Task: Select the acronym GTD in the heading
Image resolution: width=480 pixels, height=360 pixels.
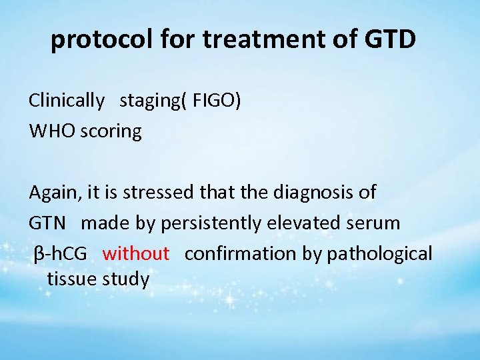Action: pos(391,40)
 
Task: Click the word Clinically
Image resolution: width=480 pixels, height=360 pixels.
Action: pos(67,101)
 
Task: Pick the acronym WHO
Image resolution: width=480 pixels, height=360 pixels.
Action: pos(52,131)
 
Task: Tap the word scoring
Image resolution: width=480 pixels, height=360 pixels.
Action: pos(111,131)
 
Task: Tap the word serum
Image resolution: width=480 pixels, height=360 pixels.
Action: pos(376,223)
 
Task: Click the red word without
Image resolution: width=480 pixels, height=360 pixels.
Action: pos(136,253)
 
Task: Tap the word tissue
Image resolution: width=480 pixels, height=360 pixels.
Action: pos(71,279)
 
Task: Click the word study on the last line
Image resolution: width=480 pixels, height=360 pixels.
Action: pos(126,279)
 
